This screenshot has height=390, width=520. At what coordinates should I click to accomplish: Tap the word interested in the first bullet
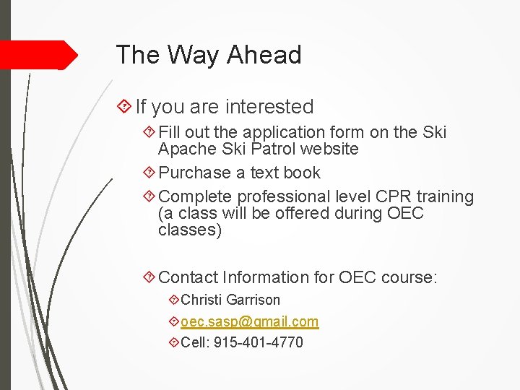click(269, 107)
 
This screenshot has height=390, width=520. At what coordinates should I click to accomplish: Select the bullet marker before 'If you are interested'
click(124, 107)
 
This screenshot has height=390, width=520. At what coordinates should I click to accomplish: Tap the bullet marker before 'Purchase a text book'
click(149, 173)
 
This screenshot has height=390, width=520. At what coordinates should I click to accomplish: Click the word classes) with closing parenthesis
click(190, 230)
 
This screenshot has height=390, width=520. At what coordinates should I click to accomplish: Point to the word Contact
click(188, 277)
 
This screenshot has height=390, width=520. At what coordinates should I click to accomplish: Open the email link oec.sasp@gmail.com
click(249, 321)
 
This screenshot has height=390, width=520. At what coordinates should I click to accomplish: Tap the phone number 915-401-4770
click(259, 342)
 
